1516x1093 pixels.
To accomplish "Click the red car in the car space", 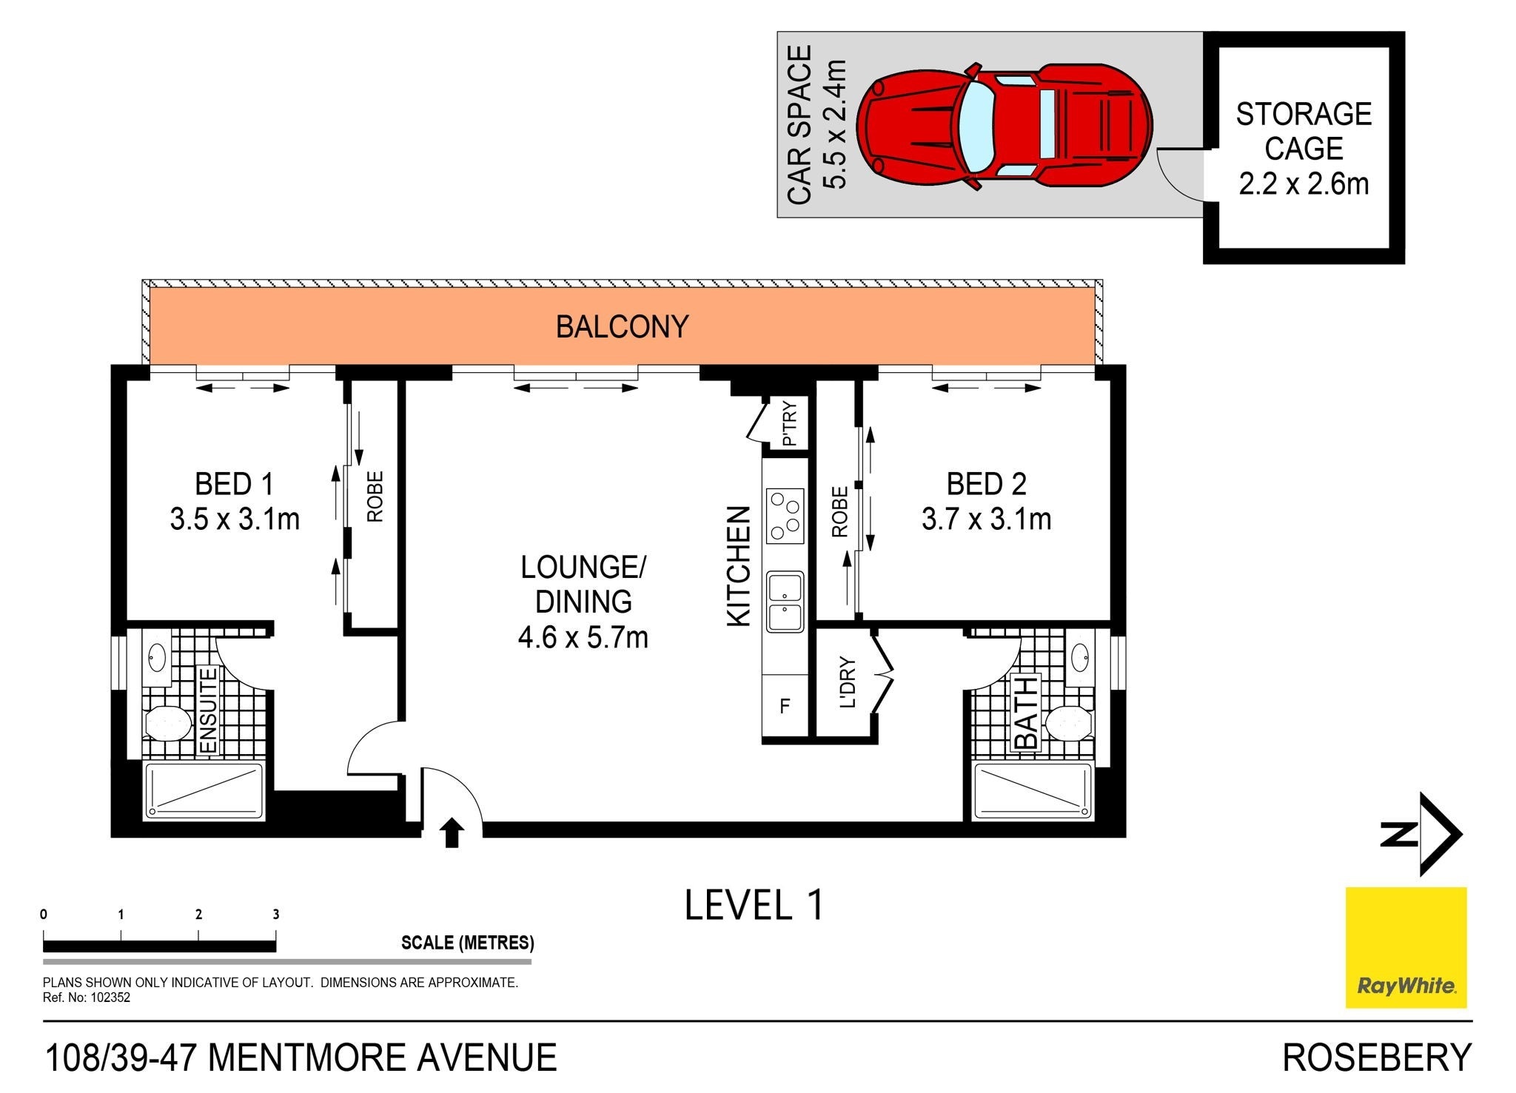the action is (x=1004, y=128).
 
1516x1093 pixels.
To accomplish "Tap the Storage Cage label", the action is (x=1304, y=132).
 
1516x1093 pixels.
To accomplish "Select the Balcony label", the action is (x=623, y=326).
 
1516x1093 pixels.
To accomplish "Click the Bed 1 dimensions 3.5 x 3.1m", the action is (x=235, y=519).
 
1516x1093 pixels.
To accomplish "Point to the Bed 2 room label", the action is (x=987, y=484).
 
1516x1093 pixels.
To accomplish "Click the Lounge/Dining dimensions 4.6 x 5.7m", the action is (x=583, y=637).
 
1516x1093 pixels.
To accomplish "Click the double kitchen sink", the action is (x=785, y=602).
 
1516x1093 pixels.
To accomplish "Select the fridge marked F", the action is (x=785, y=706).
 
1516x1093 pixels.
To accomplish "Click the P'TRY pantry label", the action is (x=790, y=423).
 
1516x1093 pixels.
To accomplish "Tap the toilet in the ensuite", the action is (x=168, y=722).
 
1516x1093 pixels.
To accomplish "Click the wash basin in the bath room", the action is (x=1081, y=655).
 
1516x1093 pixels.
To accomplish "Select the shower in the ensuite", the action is (x=204, y=790).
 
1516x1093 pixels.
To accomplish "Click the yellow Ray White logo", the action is (x=1406, y=947).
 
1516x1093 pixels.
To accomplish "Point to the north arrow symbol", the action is (x=1421, y=835).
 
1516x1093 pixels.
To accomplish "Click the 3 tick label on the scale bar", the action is (x=276, y=915).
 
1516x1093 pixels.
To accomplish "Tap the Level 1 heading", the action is (x=754, y=905).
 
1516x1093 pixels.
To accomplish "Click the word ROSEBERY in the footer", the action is (x=1377, y=1057).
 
